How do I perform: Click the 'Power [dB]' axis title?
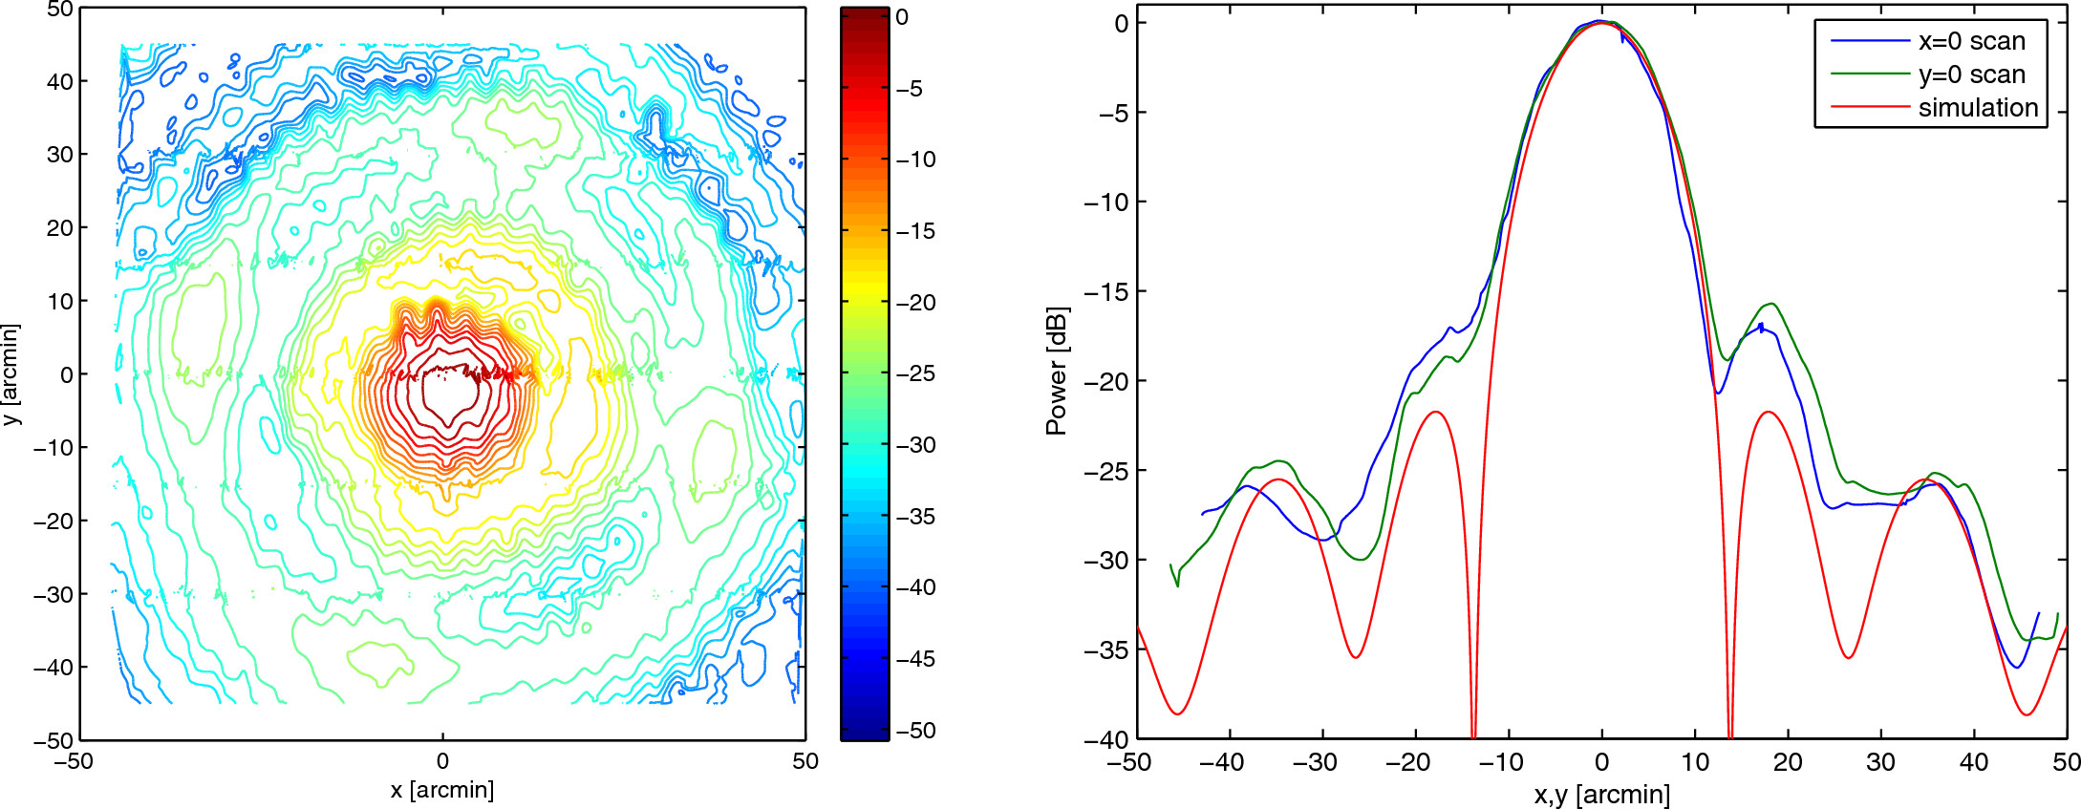coord(1056,372)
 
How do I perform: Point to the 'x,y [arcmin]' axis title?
coord(1602,794)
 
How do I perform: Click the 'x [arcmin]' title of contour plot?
coord(442,790)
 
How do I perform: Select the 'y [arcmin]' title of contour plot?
coord(11,374)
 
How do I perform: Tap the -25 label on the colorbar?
coord(915,373)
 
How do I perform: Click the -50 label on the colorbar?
coord(915,731)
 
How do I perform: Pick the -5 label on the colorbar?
coord(909,89)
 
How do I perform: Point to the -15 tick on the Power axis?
coord(1108,291)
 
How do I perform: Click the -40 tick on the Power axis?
coord(1108,738)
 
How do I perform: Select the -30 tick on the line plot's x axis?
coord(1315,762)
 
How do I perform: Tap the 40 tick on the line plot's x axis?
coord(1974,762)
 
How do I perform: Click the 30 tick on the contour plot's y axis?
coord(60,154)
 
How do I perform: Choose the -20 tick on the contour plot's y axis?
coord(54,521)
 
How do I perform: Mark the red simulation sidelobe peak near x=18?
coord(1769,412)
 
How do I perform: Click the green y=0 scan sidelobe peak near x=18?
coord(1772,304)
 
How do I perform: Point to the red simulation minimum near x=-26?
coord(1356,657)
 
